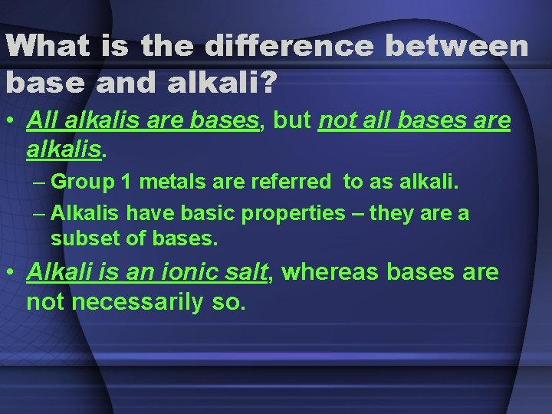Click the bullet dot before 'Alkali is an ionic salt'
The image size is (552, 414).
pos(12,274)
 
